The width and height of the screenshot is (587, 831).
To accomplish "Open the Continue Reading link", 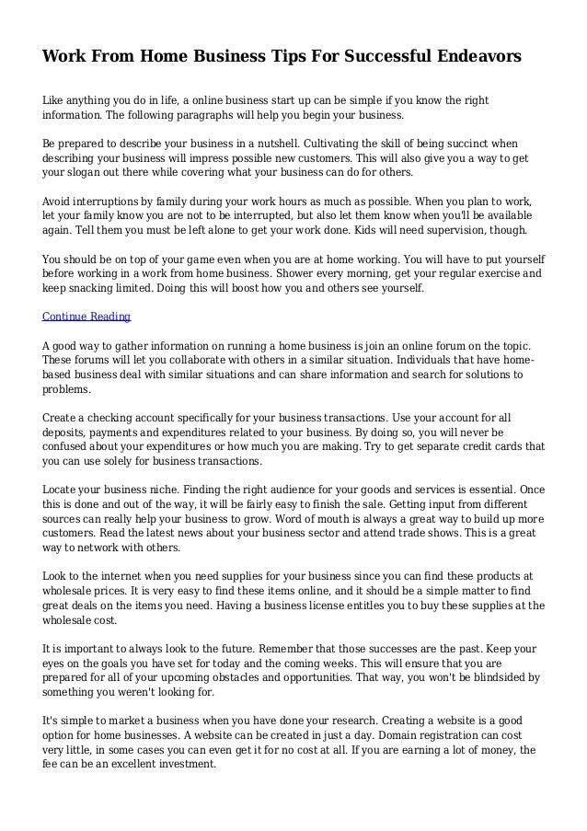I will [x=87, y=317].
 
